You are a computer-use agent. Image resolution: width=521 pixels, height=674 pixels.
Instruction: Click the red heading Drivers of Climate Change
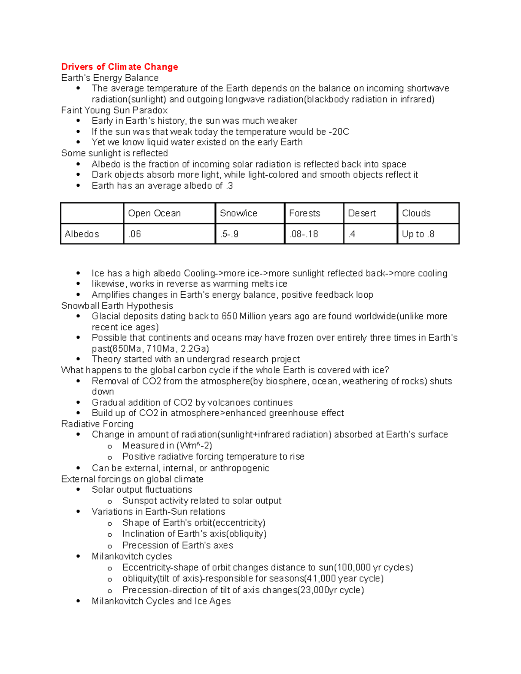coord(119,67)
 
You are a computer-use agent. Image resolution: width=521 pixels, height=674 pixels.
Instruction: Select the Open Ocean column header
coord(154,213)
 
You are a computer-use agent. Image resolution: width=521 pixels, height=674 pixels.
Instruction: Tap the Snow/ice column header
coord(238,213)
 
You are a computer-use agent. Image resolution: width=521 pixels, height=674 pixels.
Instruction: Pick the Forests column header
coord(304,213)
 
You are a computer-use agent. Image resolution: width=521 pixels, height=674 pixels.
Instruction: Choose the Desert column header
coord(362,213)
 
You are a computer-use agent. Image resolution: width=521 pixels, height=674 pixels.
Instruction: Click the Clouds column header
coord(416,213)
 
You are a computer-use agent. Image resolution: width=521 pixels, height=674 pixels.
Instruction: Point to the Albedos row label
coord(82,234)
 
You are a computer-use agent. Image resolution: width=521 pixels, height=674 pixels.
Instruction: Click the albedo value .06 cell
coord(135,234)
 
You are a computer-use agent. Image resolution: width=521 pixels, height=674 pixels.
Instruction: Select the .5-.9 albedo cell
coord(229,234)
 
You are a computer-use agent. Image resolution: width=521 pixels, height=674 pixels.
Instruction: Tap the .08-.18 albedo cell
coord(303,234)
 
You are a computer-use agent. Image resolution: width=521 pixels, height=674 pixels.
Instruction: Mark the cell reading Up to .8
coord(418,234)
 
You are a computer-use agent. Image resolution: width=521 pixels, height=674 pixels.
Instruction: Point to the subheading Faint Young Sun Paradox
coord(114,110)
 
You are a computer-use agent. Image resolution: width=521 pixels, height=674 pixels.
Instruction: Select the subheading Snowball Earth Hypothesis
coord(117,306)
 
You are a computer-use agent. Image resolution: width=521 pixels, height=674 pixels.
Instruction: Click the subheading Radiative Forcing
coord(97,424)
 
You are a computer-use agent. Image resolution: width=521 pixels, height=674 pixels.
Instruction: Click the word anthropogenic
coord(240,468)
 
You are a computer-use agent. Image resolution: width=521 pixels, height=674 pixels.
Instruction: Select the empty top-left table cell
coord(92,213)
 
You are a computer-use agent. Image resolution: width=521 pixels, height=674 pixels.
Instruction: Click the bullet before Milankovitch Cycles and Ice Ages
coord(78,601)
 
